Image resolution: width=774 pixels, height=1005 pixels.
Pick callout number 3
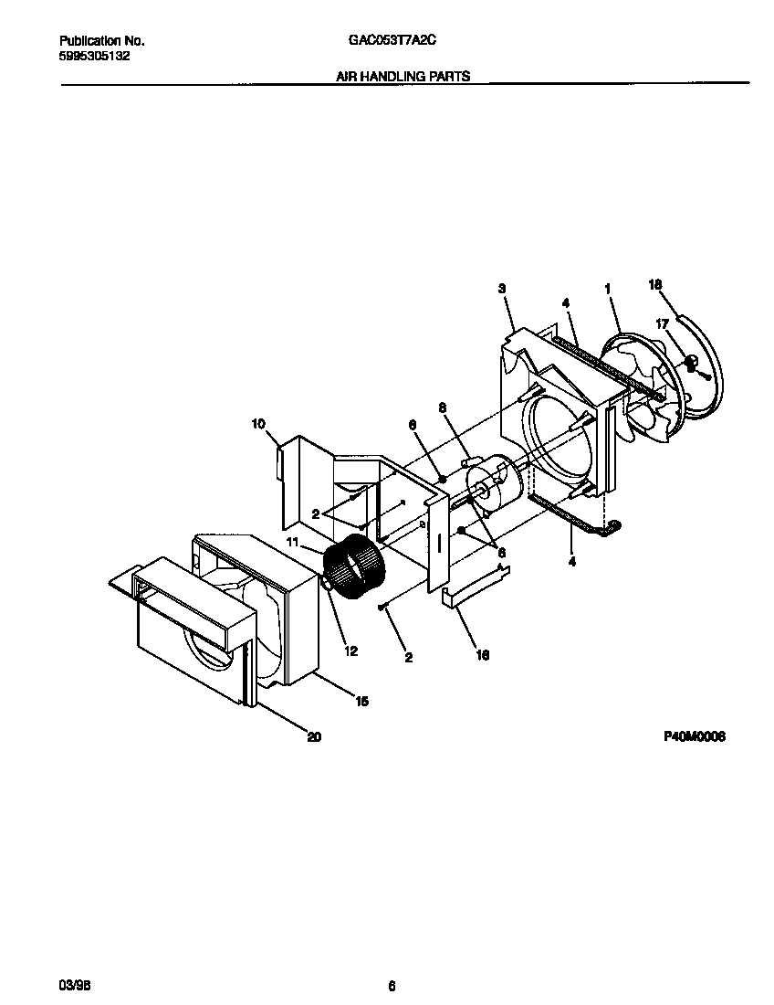(502, 289)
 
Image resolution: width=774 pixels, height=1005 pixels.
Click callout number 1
(607, 289)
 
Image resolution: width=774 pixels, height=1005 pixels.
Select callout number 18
(654, 284)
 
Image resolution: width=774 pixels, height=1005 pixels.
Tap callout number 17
(663, 323)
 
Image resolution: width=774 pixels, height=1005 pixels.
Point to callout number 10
(258, 423)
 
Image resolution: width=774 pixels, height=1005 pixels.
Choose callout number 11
(293, 542)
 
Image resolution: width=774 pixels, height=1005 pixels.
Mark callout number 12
(351, 651)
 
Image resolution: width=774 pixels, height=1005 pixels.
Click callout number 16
(483, 655)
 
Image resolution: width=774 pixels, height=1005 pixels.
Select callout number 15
(361, 702)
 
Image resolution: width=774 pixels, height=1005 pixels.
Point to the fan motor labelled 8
(493, 484)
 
